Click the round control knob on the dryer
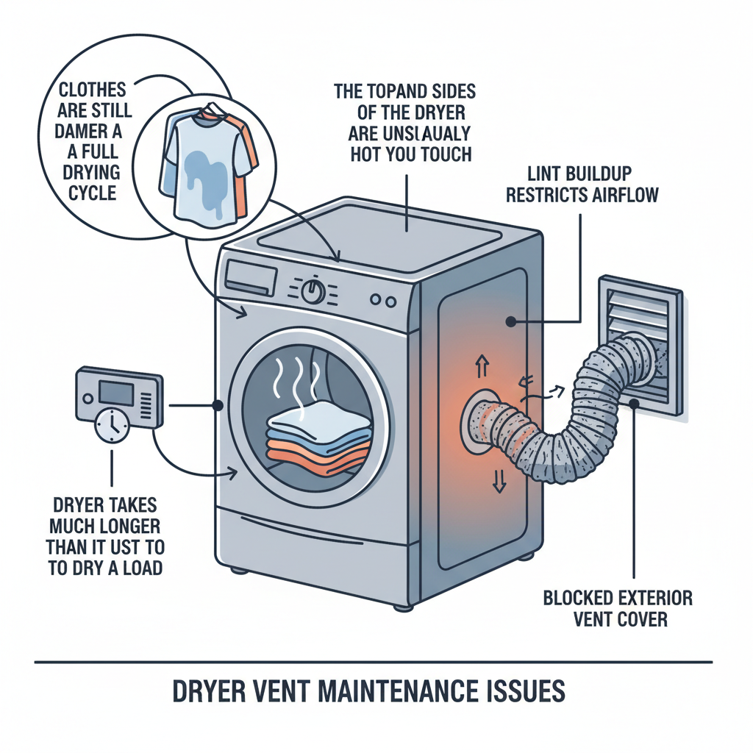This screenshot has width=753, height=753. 313,291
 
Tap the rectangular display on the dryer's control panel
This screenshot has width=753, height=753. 251,278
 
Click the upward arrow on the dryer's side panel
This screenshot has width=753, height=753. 483,363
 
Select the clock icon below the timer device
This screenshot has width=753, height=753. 112,426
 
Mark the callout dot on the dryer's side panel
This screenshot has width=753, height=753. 509,321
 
